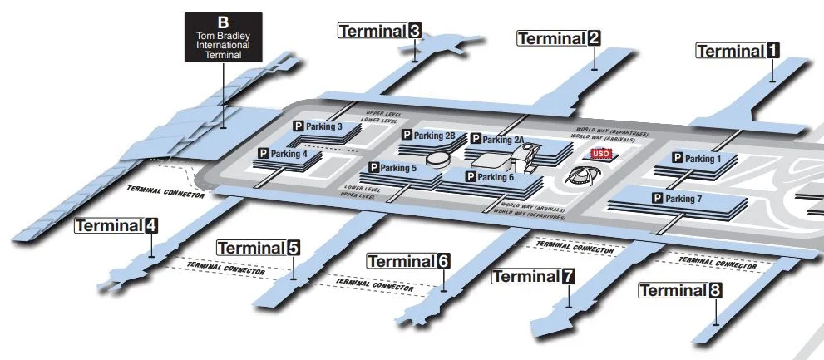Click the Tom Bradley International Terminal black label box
(223, 37)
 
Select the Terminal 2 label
(559, 37)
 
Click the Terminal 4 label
(116, 225)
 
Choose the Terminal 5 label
(259, 248)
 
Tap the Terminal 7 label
(534, 275)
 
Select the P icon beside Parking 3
(298, 126)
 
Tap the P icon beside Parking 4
(264, 154)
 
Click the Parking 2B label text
(434, 136)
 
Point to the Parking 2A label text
(503, 140)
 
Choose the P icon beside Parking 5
(374, 168)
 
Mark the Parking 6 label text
(496, 177)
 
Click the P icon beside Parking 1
(677, 158)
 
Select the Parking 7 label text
(683, 199)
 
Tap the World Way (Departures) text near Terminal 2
(613, 131)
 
